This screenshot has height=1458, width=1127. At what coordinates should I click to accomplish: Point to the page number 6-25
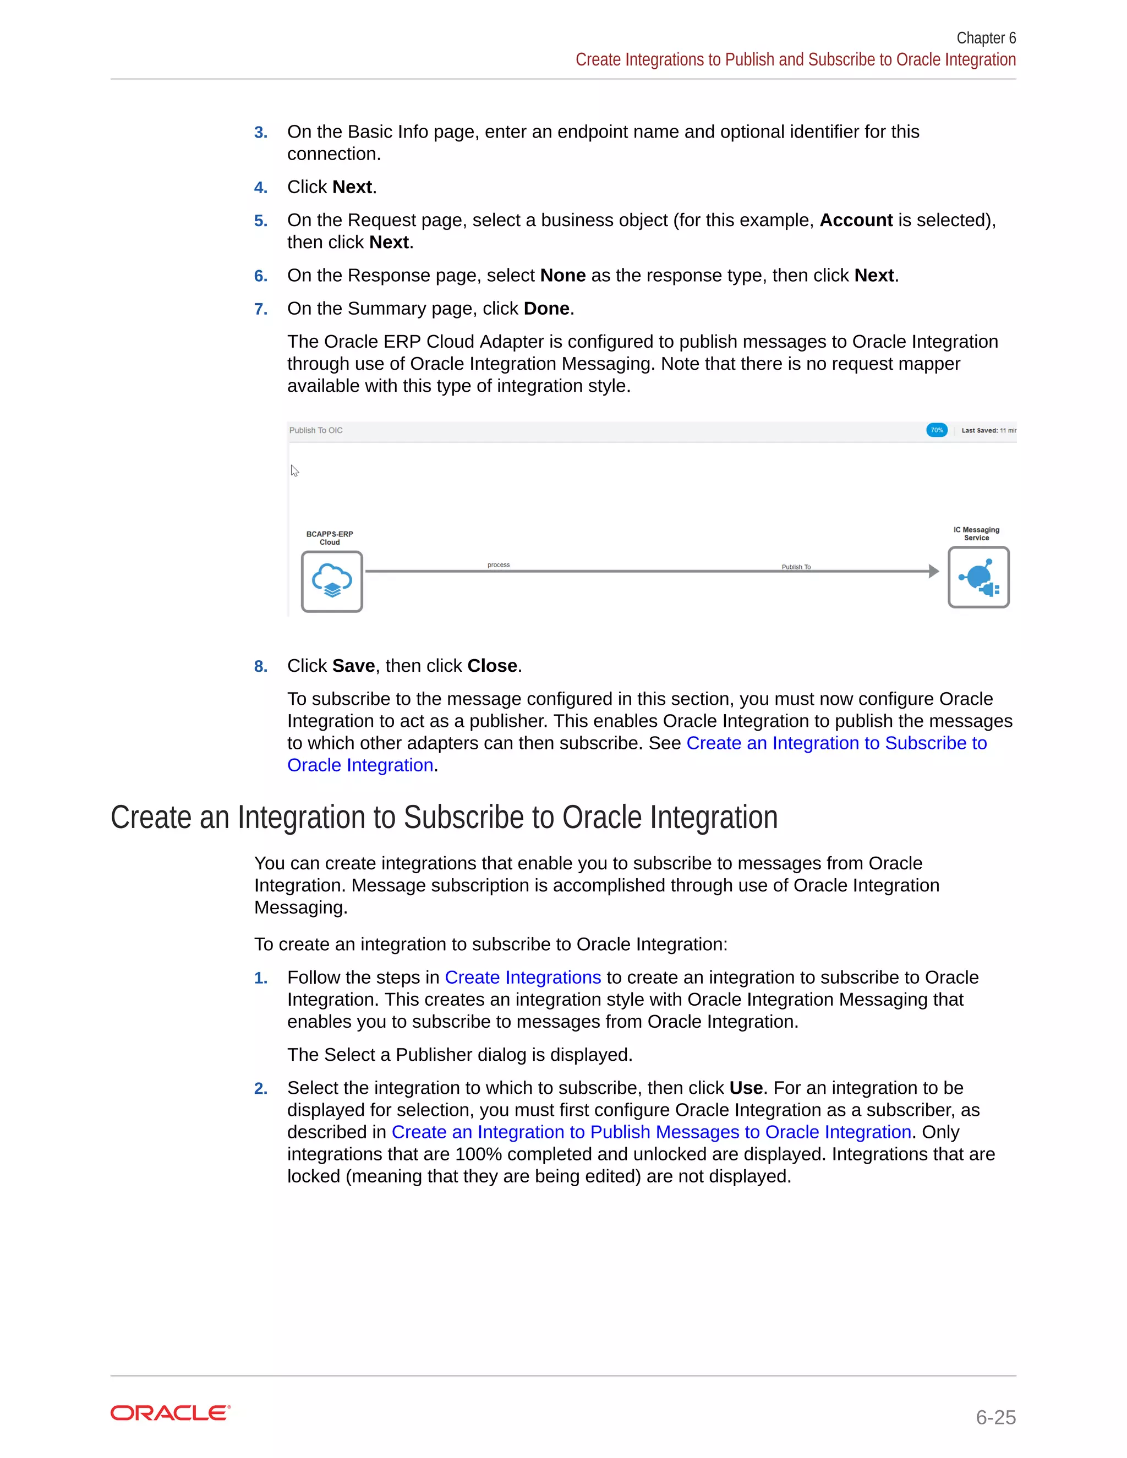995,1417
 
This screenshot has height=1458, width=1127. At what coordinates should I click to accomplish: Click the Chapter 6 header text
986,38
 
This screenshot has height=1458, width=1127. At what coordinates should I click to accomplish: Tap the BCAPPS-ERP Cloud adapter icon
332,582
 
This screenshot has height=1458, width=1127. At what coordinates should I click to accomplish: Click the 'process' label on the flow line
498,565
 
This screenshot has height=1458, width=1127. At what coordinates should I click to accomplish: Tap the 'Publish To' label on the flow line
796,567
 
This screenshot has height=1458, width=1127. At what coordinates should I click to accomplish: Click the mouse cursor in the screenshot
294,470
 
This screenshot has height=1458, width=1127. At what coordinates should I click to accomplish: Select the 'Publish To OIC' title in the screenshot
316,431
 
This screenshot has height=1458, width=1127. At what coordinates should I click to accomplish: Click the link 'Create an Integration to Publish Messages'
651,1132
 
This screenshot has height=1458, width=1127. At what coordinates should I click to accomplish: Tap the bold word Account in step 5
856,220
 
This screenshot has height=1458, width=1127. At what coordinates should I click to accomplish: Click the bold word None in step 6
562,276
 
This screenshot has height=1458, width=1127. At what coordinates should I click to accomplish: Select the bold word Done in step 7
546,309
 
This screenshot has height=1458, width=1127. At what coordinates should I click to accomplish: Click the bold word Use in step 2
746,1088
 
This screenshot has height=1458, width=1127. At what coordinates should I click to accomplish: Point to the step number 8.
260,666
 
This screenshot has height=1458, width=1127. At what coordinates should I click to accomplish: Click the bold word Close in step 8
492,666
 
